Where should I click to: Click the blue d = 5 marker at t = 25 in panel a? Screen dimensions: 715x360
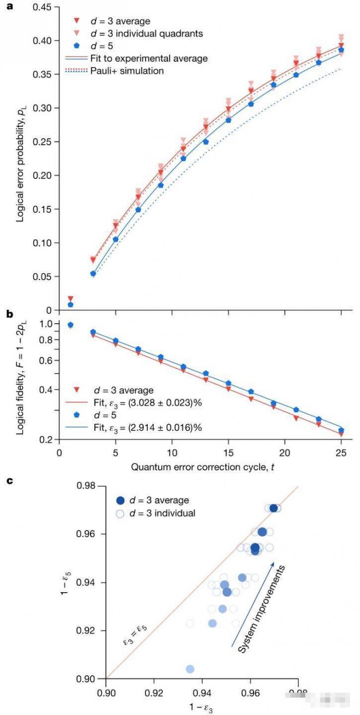point(341,50)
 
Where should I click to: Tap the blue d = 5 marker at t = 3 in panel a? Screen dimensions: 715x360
point(93,274)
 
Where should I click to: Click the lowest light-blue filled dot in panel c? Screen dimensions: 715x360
point(190,669)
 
